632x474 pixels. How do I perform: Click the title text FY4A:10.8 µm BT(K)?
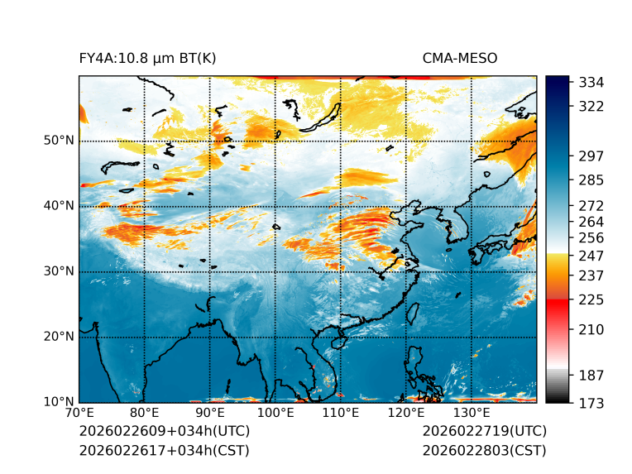coord(148,59)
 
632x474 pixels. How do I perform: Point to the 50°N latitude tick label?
coord(59,141)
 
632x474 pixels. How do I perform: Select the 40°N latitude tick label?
coord(59,206)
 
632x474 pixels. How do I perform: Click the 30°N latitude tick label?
coord(59,271)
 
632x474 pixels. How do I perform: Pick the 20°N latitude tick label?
coord(59,337)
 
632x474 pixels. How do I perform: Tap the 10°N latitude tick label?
coord(59,402)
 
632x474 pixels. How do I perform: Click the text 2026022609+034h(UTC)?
coord(164,432)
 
